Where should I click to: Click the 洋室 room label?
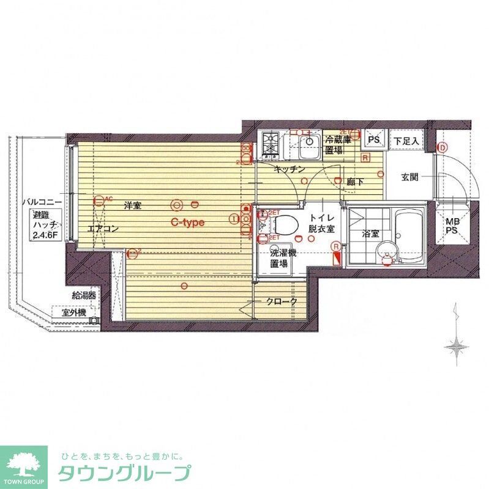pyautogui.click(x=133, y=206)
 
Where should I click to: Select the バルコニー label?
pyautogui.click(x=41, y=200)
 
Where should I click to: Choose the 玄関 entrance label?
pyautogui.click(x=409, y=177)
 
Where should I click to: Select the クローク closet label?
pyautogui.click(x=282, y=301)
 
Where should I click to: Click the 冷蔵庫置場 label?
pyautogui.click(x=338, y=145)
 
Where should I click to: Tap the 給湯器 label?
pyautogui.click(x=84, y=295)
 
